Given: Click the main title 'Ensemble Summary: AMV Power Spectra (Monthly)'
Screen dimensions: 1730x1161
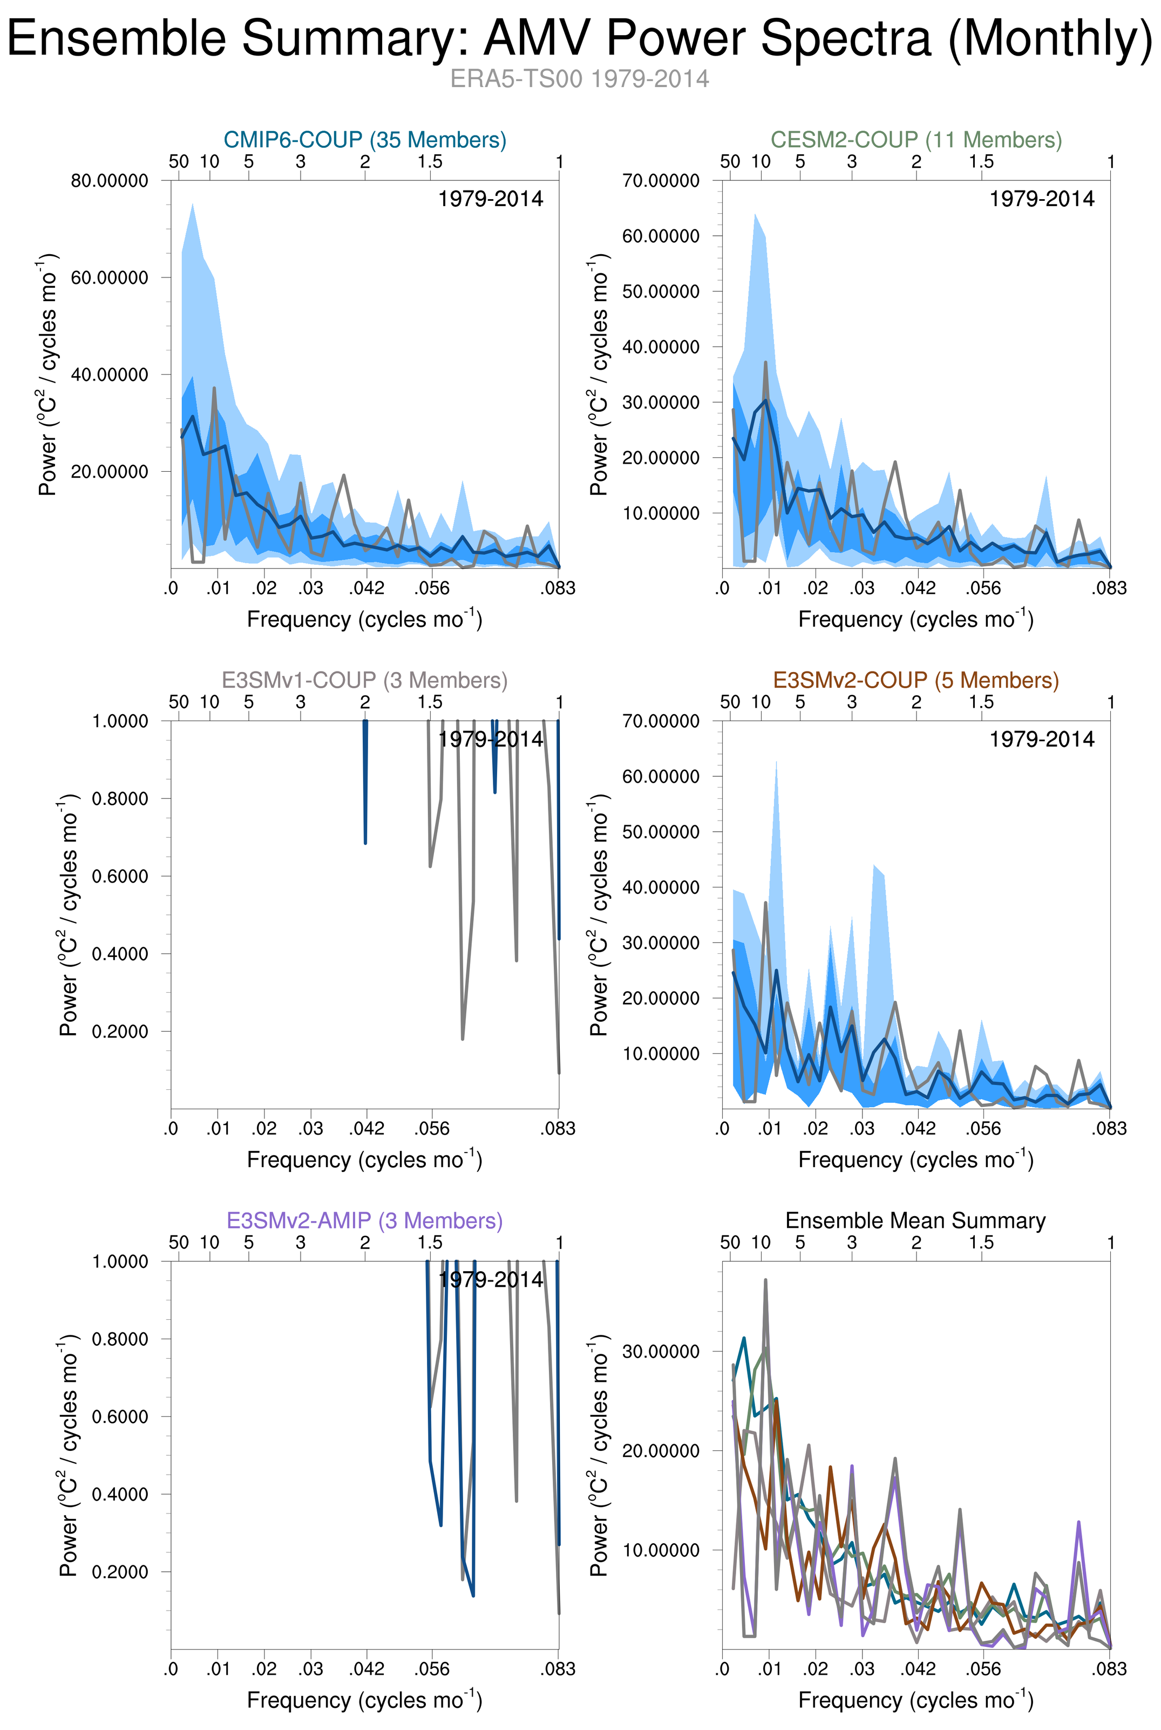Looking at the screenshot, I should pyautogui.click(x=580, y=38).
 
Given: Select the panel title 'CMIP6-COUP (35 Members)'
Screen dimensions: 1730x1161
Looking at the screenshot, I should pyautogui.click(x=365, y=140).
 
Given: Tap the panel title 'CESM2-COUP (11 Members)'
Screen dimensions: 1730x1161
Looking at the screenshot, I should pyautogui.click(x=916, y=140).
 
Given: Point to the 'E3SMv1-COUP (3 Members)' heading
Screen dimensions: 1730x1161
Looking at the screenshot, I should pyautogui.click(x=365, y=680).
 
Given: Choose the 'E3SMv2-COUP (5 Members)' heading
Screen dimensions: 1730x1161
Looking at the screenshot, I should pyautogui.click(x=916, y=680).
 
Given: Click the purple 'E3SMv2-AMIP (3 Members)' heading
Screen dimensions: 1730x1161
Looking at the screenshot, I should pyautogui.click(x=365, y=1220).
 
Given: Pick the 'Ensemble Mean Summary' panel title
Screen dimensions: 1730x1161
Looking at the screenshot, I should pyautogui.click(x=916, y=1220).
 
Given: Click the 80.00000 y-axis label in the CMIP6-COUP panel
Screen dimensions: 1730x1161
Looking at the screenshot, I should pyautogui.click(x=110, y=181).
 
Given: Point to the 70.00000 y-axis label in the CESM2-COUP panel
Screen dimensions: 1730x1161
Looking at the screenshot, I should pyautogui.click(x=661, y=181).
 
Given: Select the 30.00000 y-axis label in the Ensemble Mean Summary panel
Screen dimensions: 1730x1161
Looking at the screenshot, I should pyautogui.click(x=661, y=1352).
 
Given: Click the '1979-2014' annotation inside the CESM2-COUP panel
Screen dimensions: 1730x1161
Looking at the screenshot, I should pyautogui.click(x=1042, y=199).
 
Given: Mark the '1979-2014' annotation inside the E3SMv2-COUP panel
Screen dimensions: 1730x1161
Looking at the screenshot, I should pyautogui.click(x=1042, y=740).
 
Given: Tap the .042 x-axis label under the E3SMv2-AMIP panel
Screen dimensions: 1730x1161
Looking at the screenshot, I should pyautogui.click(x=366, y=1670).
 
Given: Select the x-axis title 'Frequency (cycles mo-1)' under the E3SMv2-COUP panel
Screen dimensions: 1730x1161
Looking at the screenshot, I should pyautogui.click(x=916, y=1160).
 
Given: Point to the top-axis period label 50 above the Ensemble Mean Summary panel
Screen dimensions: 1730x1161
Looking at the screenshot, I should pyautogui.click(x=730, y=1243).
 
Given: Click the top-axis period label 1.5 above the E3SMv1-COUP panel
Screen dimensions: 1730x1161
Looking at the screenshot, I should pyautogui.click(x=430, y=702).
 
